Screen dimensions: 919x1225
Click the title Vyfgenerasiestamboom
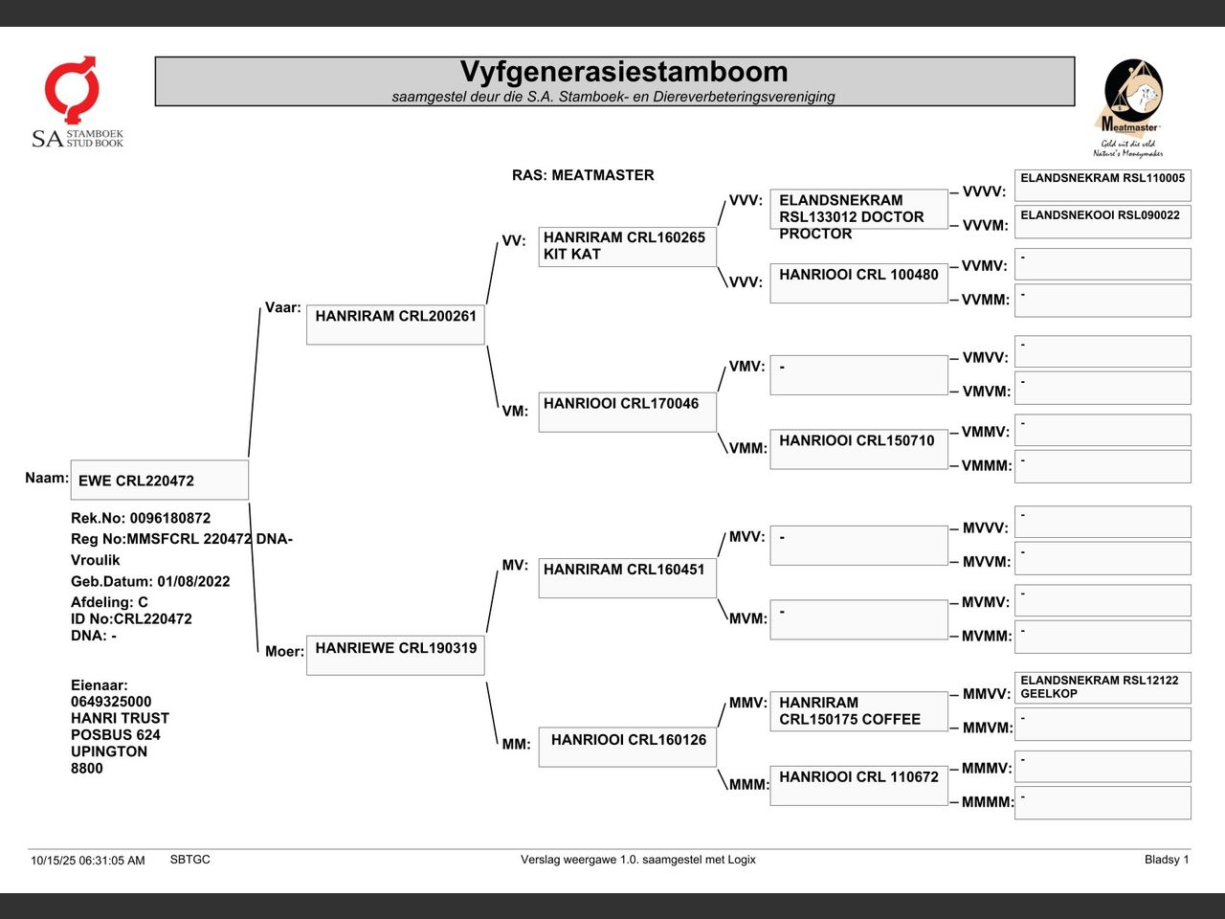tap(623, 72)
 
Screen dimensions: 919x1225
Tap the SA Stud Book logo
tap(77, 101)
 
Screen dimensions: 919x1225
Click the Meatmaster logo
tap(1129, 107)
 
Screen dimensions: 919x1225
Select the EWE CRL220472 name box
tap(159, 481)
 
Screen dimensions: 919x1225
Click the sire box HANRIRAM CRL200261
tap(395, 325)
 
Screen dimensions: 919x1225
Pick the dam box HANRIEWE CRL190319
tap(395, 655)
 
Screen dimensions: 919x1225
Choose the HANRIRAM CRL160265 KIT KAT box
tap(627, 246)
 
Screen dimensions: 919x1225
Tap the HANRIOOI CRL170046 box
tap(627, 412)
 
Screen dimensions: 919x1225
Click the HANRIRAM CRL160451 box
tap(627, 577)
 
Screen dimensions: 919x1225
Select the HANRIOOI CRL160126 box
tap(627, 747)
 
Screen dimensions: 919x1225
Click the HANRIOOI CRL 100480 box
tap(858, 282)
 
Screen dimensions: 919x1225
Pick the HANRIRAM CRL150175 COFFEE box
tap(858, 710)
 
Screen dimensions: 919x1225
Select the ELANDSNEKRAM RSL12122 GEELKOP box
tap(1102, 687)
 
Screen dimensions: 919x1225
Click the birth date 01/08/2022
tap(193, 581)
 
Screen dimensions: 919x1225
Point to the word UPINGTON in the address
tap(109, 751)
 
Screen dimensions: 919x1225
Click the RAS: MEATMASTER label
tap(583, 175)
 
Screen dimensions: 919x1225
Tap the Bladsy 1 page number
tap(1166, 860)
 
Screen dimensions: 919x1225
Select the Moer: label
tap(284, 652)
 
